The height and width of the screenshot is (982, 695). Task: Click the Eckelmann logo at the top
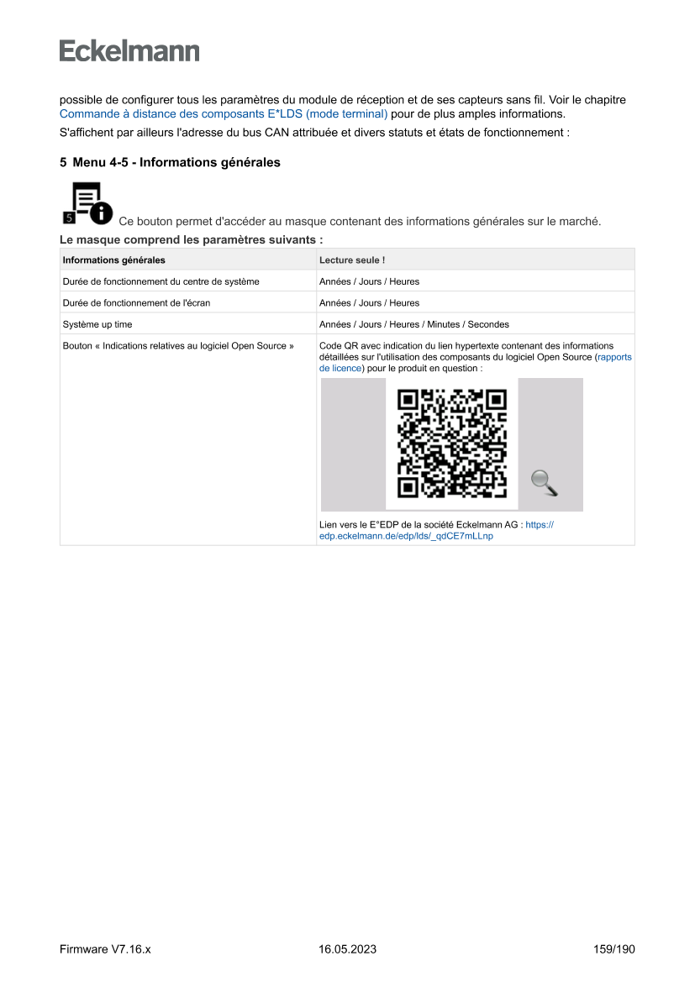coord(129,51)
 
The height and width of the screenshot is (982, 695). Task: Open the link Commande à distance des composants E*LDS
coord(223,113)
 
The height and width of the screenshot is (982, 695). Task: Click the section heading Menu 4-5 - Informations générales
coord(176,162)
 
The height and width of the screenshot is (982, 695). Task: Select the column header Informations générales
coord(114,260)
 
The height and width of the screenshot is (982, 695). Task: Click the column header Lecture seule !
coord(352,260)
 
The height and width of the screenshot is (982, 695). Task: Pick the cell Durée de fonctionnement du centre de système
coord(161,281)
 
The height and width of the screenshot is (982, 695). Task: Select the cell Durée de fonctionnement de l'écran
coord(136,303)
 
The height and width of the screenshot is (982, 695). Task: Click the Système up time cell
coord(97,324)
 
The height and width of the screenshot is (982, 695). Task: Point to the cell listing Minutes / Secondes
coord(413,324)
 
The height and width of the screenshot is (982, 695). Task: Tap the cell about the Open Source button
coord(178,345)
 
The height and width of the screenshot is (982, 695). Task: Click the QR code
coord(452,444)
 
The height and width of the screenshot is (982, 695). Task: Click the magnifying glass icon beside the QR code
coord(545,483)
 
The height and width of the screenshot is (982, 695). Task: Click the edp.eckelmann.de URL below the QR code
coord(406,536)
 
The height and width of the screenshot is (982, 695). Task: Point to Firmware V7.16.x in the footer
coord(105,949)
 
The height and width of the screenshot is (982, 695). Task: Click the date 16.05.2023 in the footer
coord(347,949)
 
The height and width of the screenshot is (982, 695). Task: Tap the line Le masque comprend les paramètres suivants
coord(191,239)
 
